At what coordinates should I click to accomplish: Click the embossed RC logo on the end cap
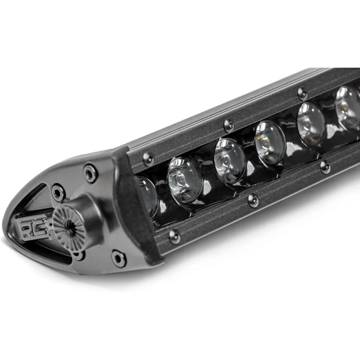pyautogui.click(x=34, y=229)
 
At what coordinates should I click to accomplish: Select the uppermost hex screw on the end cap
pyautogui.click(x=90, y=173)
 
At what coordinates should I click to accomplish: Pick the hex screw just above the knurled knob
pyautogui.click(x=58, y=192)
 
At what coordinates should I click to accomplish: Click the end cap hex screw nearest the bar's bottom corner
pyautogui.click(x=118, y=258)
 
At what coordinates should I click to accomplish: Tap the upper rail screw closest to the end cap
pyautogui.click(x=148, y=158)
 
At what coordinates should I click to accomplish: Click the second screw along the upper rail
pyautogui.click(x=229, y=125)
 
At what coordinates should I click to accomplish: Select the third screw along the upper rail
pyautogui.click(x=303, y=94)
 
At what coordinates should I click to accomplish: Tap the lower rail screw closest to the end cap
pyautogui.click(x=175, y=236)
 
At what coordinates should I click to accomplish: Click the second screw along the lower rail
pyautogui.click(x=253, y=201)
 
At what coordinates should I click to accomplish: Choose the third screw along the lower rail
pyautogui.click(x=325, y=167)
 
